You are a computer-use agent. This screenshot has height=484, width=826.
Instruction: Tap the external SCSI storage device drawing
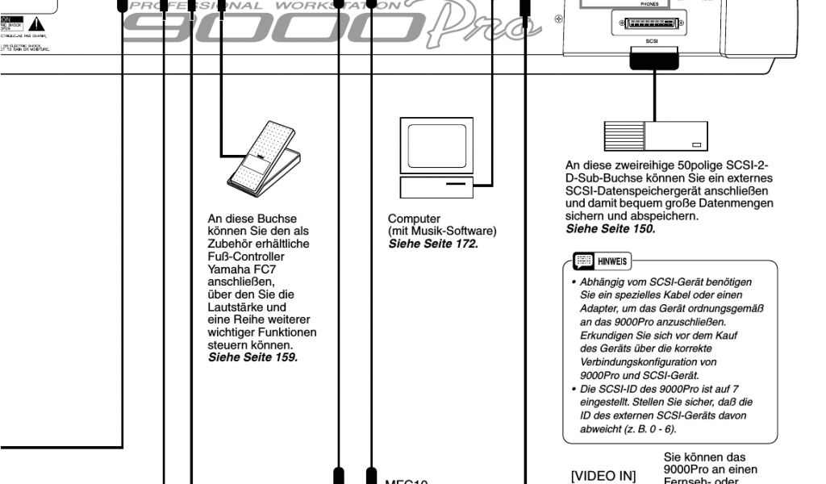tap(656, 136)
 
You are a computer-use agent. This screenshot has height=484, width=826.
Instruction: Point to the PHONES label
tap(649, 4)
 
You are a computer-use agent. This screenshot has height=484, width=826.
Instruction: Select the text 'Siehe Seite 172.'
tap(433, 241)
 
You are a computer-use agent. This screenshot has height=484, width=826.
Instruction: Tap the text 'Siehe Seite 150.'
tap(611, 228)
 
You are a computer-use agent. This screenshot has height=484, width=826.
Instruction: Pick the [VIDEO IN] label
tap(603, 476)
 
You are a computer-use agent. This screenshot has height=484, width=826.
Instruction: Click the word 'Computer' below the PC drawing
tap(415, 219)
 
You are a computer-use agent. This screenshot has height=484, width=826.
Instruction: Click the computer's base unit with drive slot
tap(436, 186)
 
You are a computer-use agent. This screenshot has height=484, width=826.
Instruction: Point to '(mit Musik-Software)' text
tap(442, 230)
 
